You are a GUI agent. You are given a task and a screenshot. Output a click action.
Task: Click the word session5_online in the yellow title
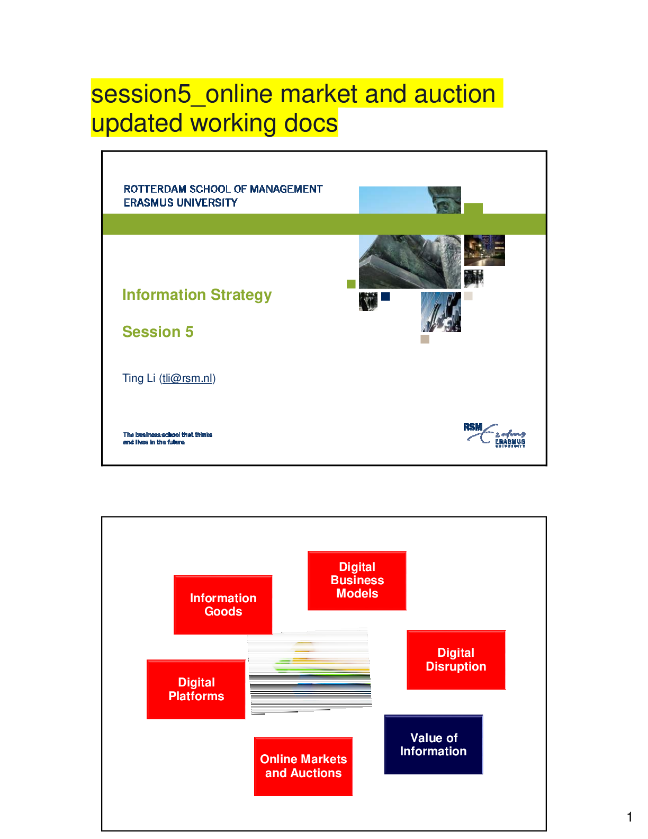[x=148, y=94]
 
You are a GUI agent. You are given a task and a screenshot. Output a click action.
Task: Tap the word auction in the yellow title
[x=454, y=94]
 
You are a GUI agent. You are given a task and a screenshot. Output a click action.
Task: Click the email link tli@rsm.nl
[x=187, y=378]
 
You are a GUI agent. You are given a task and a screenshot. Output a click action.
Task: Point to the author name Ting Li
[x=139, y=378]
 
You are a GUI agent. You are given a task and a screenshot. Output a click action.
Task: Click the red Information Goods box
[x=223, y=605]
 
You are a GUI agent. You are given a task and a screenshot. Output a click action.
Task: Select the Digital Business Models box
[x=357, y=581]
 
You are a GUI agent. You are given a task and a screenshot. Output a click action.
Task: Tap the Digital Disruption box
[x=456, y=660]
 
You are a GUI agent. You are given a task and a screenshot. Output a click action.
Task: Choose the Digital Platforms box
[x=196, y=689]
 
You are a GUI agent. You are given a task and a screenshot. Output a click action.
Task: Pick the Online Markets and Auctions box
[x=303, y=766]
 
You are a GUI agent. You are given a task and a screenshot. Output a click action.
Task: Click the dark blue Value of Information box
[x=433, y=745]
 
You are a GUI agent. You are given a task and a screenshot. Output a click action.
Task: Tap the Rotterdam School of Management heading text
[x=223, y=189]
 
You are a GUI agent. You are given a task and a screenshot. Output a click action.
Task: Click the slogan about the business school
[x=167, y=438]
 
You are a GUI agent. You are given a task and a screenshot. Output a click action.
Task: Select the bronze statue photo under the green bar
[x=411, y=262]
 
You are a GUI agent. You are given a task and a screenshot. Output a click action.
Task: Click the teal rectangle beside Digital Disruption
[x=525, y=660]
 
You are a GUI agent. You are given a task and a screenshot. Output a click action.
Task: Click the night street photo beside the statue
[x=484, y=252]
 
